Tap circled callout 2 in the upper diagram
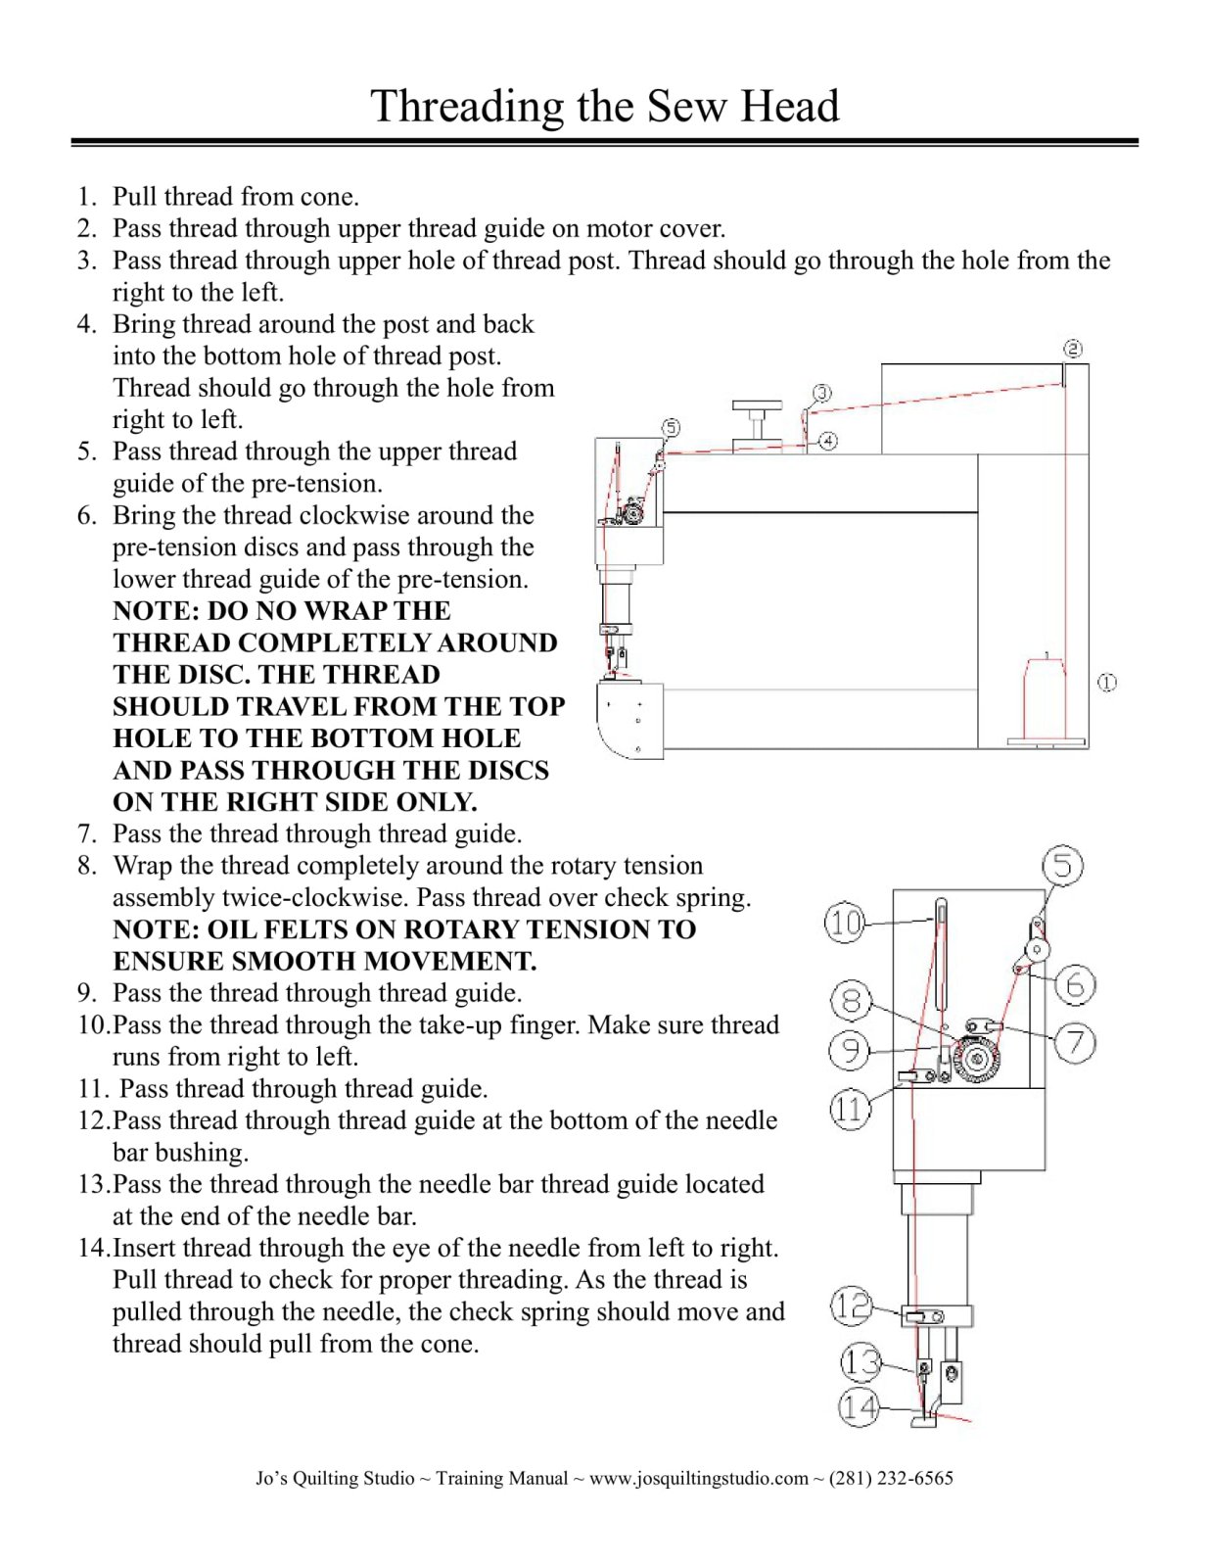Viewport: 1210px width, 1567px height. click(x=1072, y=349)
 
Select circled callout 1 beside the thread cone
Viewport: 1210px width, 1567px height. click(x=1107, y=683)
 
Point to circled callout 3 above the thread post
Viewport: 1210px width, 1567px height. click(x=822, y=393)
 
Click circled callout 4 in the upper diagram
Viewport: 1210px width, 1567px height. click(x=828, y=441)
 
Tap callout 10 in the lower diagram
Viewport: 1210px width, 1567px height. click(x=846, y=923)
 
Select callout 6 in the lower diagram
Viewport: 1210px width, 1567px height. click(x=1075, y=984)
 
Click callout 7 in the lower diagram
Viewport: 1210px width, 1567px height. click(x=1075, y=1042)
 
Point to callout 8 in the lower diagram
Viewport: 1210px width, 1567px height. click(x=851, y=1001)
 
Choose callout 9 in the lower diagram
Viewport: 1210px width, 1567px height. click(x=850, y=1051)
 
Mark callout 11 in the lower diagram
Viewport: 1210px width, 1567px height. click(x=850, y=1110)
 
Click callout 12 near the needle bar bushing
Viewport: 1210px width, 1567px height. click(x=851, y=1306)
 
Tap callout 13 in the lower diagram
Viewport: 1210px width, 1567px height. click(x=861, y=1361)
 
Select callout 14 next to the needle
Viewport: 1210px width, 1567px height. click(x=859, y=1407)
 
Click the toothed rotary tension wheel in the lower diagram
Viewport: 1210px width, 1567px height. click(x=975, y=1059)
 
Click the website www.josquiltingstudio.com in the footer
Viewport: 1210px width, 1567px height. click(x=698, y=1478)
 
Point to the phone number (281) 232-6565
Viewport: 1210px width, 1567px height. click(x=890, y=1478)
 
